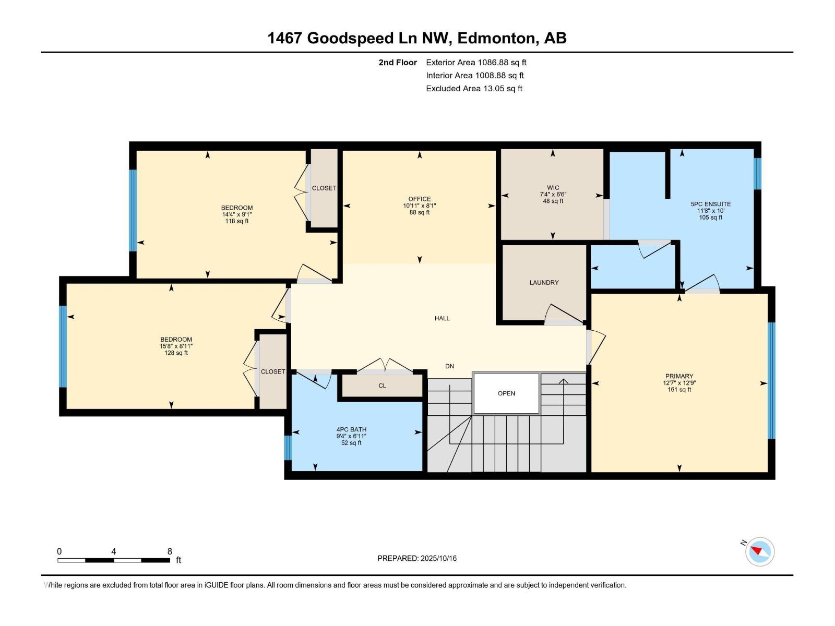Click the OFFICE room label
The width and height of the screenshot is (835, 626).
pyautogui.click(x=420, y=199)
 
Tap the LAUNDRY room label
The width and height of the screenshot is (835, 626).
pyautogui.click(x=544, y=282)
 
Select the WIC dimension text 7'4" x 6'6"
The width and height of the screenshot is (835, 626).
pyautogui.click(x=553, y=194)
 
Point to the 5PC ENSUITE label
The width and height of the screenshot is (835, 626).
pyautogui.click(x=710, y=204)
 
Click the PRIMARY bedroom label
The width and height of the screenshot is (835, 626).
pyautogui.click(x=679, y=376)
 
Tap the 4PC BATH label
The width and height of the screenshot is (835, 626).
pyautogui.click(x=351, y=430)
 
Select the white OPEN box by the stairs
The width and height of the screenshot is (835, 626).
pyautogui.click(x=506, y=393)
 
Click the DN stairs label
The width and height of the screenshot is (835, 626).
pyautogui.click(x=449, y=366)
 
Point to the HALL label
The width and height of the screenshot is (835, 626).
pyautogui.click(x=442, y=318)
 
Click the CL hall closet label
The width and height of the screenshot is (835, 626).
pyautogui.click(x=382, y=386)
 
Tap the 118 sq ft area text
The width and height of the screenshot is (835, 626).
pyautogui.click(x=236, y=221)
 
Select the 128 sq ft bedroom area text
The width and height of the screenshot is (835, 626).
pyautogui.click(x=176, y=353)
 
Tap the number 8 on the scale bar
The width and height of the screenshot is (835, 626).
pyautogui.click(x=170, y=551)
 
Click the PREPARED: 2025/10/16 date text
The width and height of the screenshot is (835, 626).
pyautogui.click(x=417, y=558)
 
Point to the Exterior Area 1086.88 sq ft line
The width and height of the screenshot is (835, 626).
pyautogui.click(x=476, y=62)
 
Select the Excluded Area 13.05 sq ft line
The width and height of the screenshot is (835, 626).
pyautogui.click(x=474, y=88)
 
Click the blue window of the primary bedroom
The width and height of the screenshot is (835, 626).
pyautogui.click(x=771, y=381)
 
